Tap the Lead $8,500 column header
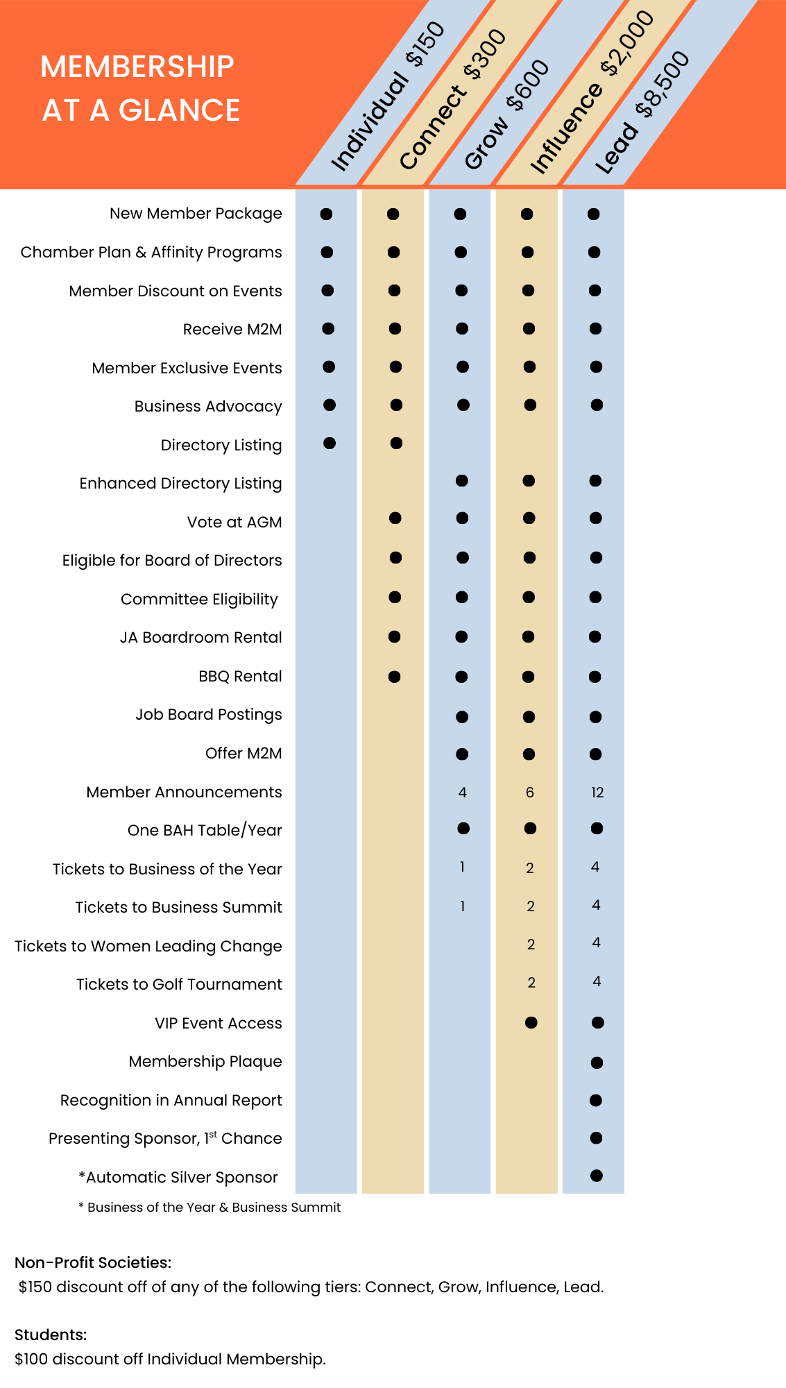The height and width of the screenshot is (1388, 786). [x=642, y=112]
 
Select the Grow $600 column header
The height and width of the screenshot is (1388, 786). [x=506, y=115]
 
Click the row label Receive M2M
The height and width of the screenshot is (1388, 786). [x=232, y=330]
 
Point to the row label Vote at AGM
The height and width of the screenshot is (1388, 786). [x=234, y=522]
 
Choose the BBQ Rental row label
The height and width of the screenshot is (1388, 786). [x=240, y=676]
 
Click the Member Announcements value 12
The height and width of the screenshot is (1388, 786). [x=597, y=793]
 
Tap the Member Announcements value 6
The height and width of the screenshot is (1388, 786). [x=530, y=793]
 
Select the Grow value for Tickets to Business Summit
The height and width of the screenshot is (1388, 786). [x=463, y=906]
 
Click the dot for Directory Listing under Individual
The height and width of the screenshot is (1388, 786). [x=330, y=443]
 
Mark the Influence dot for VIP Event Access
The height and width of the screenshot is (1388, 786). [x=531, y=1022]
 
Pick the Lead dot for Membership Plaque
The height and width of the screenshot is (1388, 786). [x=597, y=1063]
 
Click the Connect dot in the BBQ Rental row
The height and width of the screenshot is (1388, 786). [x=395, y=677]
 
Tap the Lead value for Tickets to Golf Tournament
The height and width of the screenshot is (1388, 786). [x=597, y=981]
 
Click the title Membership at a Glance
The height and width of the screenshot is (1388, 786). [x=141, y=88]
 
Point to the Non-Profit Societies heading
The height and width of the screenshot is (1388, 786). [x=93, y=1262]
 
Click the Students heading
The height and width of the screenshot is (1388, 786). [x=51, y=1335]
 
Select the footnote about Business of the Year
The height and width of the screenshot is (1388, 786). [x=210, y=1208]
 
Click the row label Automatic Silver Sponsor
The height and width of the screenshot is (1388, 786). [x=178, y=1177]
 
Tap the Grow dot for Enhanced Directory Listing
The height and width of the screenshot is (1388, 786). [x=462, y=480]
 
